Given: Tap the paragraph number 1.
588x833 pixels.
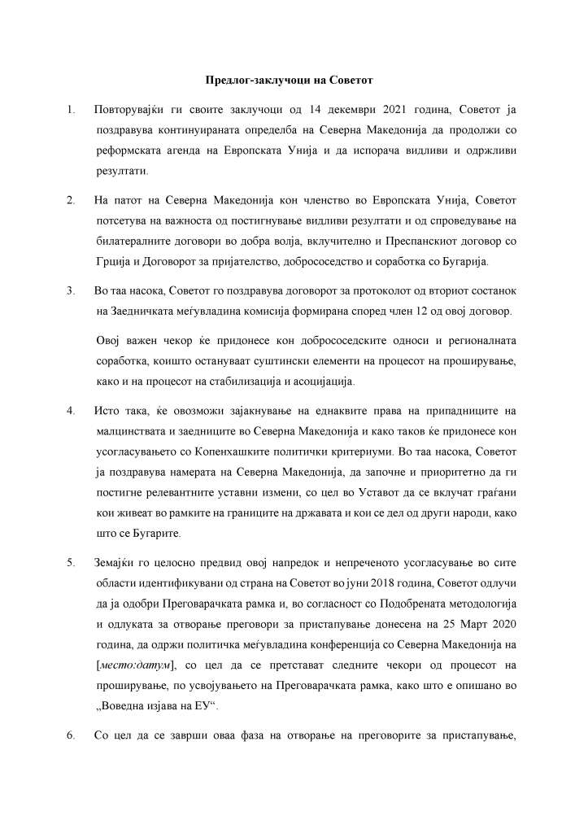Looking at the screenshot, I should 72,109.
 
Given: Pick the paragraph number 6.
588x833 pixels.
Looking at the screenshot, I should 72,735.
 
